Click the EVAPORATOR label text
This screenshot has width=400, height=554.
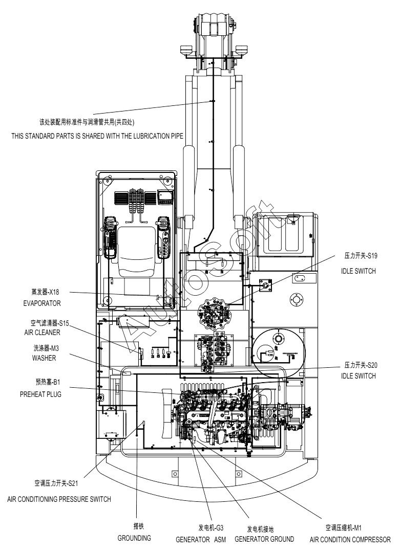point(41,303)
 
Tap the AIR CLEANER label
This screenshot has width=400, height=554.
point(42,333)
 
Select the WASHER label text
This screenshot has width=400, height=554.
point(44,358)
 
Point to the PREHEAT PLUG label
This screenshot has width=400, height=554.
point(40,394)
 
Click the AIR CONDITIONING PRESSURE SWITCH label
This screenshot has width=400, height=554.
point(59,499)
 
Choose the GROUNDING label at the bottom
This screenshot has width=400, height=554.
point(134,538)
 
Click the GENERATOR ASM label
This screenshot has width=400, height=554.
point(201,540)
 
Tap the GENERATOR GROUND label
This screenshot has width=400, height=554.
point(264,539)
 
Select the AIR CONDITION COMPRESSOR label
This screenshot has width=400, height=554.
point(350,540)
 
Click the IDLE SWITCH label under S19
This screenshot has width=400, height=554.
point(359,271)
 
